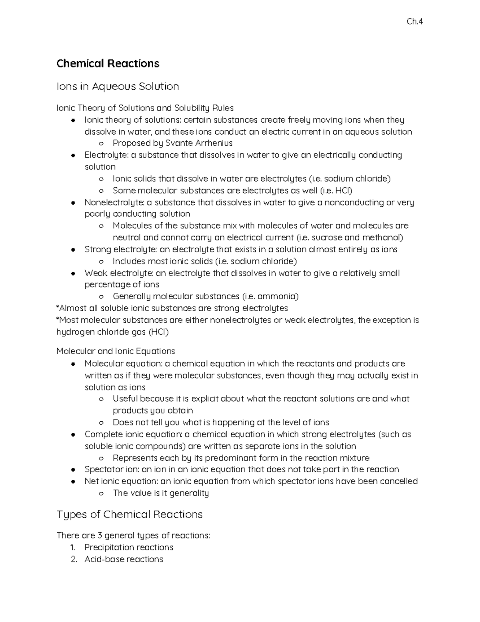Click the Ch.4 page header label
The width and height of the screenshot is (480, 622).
pyautogui.click(x=414, y=22)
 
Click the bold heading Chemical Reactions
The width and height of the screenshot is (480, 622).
pyautogui.click(x=108, y=64)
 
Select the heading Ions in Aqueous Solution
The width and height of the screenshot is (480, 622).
pyautogui.click(x=118, y=87)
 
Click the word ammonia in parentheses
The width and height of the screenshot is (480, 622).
pyautogui.click(x=278, y=296)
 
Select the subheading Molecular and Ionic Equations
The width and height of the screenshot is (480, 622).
pyautogui.click(x=116, y=351)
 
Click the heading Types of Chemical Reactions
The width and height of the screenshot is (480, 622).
pyautogui.click(x=130, y=514)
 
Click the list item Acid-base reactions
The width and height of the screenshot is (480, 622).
pyautogui.click(x=124, y=559)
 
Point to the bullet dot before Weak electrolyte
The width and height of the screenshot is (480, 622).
pyautogui.click(x=73, y=274)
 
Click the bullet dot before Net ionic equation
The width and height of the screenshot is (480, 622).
pyautogui.click(x=73, y=481)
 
